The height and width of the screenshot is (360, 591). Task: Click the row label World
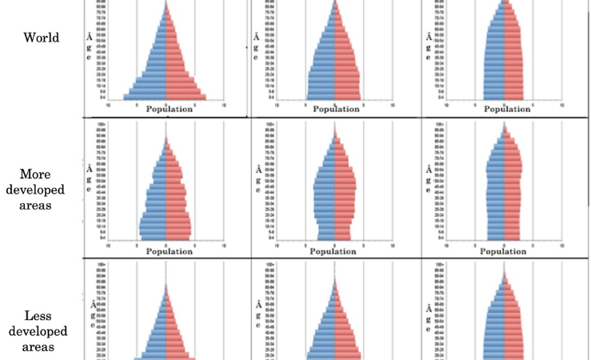point(42,38)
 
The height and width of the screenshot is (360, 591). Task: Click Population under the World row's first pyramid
point(169,110)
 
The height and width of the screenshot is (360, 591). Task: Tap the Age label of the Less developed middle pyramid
point(258,314)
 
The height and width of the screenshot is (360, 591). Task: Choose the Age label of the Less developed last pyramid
point(429,314)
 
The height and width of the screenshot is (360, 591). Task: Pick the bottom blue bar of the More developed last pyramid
point(496,238)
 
